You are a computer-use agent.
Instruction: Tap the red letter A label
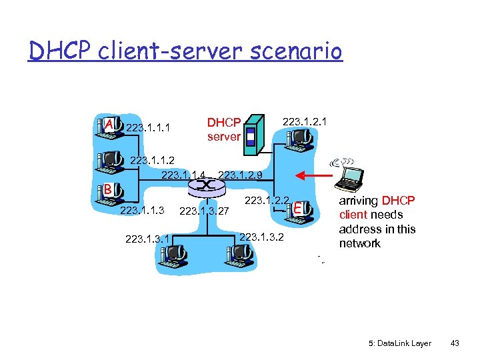click(108, 124)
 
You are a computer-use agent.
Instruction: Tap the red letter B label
click(107, 190)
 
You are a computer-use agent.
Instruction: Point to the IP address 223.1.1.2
click(152, 160)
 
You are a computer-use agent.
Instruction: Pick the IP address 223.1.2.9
click(240, 175)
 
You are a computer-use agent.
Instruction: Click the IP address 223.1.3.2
click(261, 236)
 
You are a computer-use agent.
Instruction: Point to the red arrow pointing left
click(316, 175)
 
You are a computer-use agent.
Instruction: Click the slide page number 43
click(455, 343)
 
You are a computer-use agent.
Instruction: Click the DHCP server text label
click(223, 129)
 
